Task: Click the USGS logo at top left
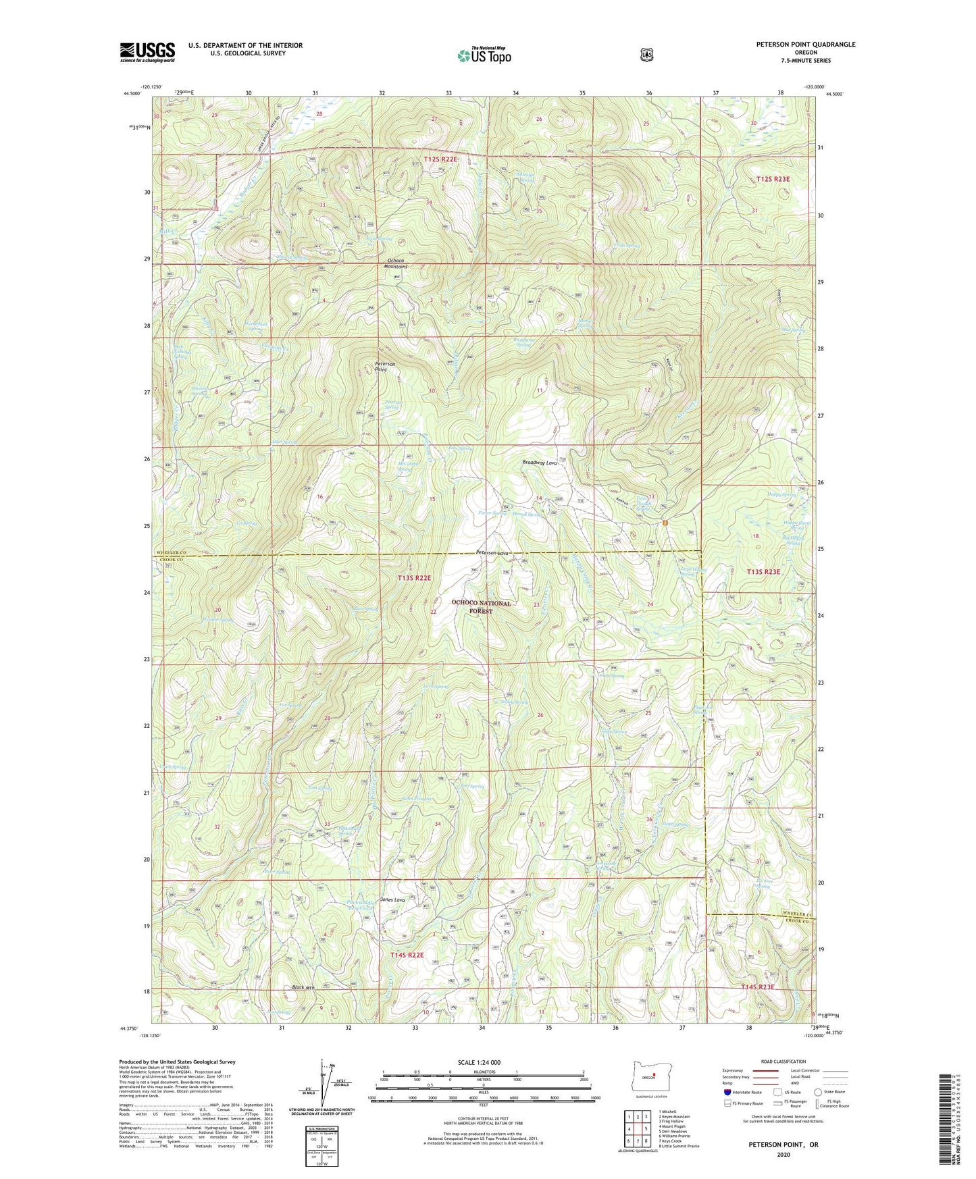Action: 147,52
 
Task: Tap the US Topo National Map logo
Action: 483,55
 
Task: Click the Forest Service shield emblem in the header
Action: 646,55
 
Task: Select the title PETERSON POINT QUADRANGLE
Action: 805,45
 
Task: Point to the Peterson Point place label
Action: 385,367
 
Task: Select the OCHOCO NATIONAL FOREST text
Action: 482,606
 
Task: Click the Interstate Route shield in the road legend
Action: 727,1091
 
